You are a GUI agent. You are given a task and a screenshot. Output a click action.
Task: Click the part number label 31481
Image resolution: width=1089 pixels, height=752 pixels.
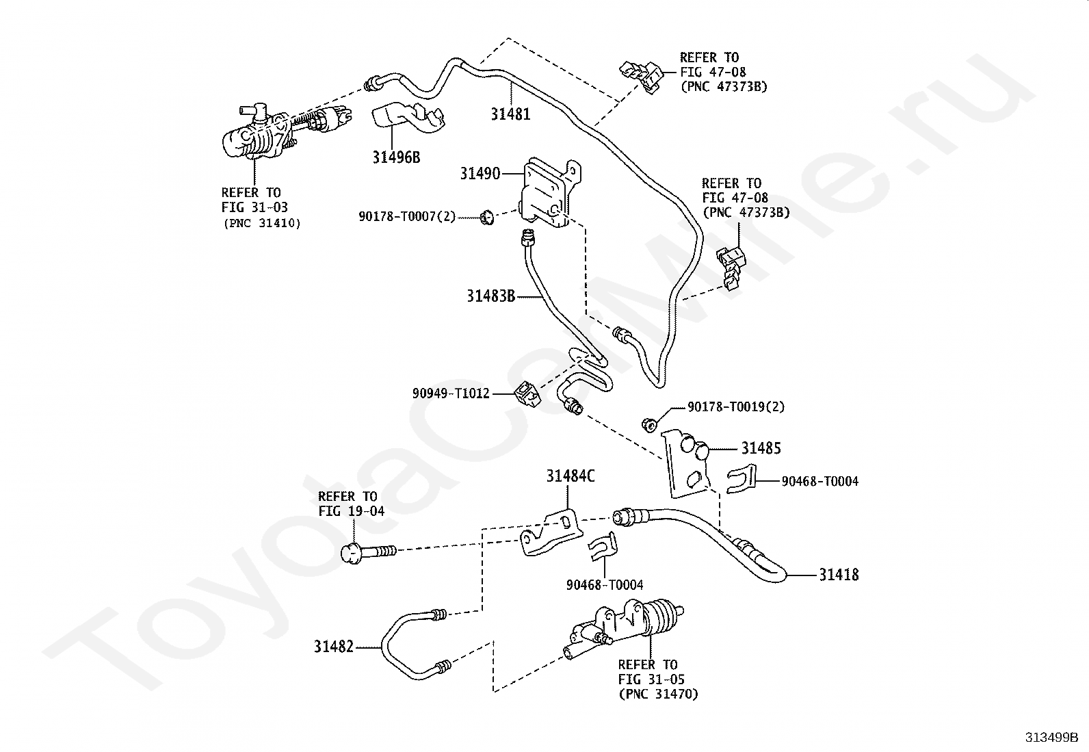[510, 114]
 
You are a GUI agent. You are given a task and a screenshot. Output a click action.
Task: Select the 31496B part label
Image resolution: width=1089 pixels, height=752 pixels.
[396, 157]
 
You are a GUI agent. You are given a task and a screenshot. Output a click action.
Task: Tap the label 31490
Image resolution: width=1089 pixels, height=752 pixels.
[480, 174]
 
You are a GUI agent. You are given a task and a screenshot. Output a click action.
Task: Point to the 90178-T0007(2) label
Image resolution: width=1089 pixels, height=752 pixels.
[407, 218]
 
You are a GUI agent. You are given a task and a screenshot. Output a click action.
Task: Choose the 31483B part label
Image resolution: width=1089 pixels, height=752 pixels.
[490, 296]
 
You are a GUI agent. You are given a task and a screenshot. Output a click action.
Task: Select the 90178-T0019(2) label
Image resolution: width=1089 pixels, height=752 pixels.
[736, 407]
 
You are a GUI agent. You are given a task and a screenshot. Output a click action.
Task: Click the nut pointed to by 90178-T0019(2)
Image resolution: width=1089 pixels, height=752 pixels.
[649, 424]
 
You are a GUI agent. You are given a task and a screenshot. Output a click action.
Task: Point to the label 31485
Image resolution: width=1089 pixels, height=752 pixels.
[761, 448]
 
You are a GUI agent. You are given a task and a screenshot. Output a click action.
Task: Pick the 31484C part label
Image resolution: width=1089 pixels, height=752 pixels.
[570, 476]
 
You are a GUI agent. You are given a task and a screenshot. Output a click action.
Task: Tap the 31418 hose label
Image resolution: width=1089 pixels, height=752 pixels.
[839, 575]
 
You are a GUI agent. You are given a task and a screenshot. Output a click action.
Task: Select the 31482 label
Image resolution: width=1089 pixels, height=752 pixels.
[334, 646]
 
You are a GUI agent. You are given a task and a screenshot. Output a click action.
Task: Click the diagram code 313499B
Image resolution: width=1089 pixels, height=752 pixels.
[1051, 738]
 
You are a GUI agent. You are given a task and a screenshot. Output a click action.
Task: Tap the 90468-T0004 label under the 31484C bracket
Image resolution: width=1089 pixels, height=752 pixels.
[605, 585]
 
